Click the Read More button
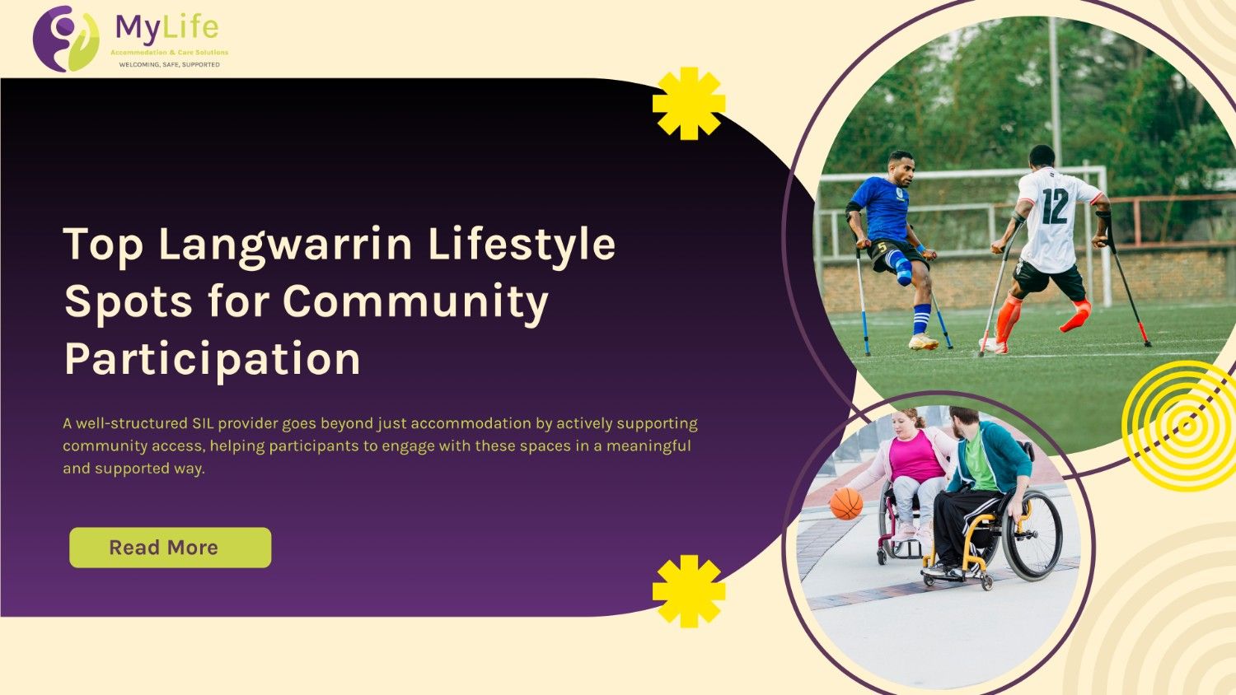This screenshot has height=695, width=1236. click(170, 548)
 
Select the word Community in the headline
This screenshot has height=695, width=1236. click(415, 301)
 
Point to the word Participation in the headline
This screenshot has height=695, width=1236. click(213, 359)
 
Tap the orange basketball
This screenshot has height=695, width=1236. click(846, 503)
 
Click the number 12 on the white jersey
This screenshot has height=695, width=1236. click(1054, 206)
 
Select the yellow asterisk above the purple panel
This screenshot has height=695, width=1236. click(689, 103)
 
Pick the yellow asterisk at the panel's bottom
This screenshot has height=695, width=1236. click(689, 591)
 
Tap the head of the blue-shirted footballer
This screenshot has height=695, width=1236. click(902, 169)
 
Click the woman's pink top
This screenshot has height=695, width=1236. click(915, 458)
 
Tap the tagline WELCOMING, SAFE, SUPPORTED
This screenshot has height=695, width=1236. click(169, 64)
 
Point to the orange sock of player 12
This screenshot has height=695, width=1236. click(1007, 318)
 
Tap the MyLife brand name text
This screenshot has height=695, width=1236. click(167, 28)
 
